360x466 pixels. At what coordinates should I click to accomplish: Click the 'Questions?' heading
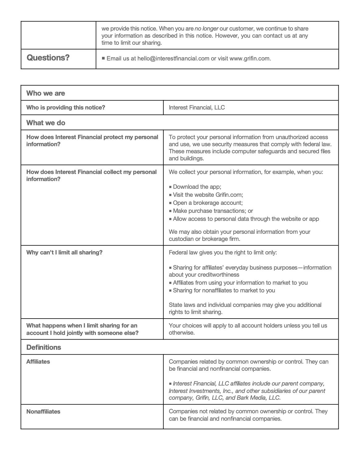click(48, 58)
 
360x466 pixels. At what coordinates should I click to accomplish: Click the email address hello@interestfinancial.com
click(173, 59)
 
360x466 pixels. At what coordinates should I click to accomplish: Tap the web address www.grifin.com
click(250, 59)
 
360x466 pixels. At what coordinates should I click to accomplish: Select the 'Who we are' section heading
click(46, 93)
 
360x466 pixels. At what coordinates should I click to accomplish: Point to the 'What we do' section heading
click(46, 123)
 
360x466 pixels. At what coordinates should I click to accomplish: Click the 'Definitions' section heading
click(44, 347)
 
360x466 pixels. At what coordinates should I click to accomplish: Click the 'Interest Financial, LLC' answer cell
click(197, 108)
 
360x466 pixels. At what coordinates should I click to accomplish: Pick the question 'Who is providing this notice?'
click(66, 108)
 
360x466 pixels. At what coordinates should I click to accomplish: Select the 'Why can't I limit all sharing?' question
click(64, 253)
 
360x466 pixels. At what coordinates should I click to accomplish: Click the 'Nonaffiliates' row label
click(43, 412)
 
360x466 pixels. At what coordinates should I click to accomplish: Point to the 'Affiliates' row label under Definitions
click(38, 362)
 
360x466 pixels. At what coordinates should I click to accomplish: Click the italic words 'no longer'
click(207, 29)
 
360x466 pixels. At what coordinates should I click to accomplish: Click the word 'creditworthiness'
click(204, 275)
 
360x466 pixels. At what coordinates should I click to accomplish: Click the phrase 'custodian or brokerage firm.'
click(204, 239)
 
